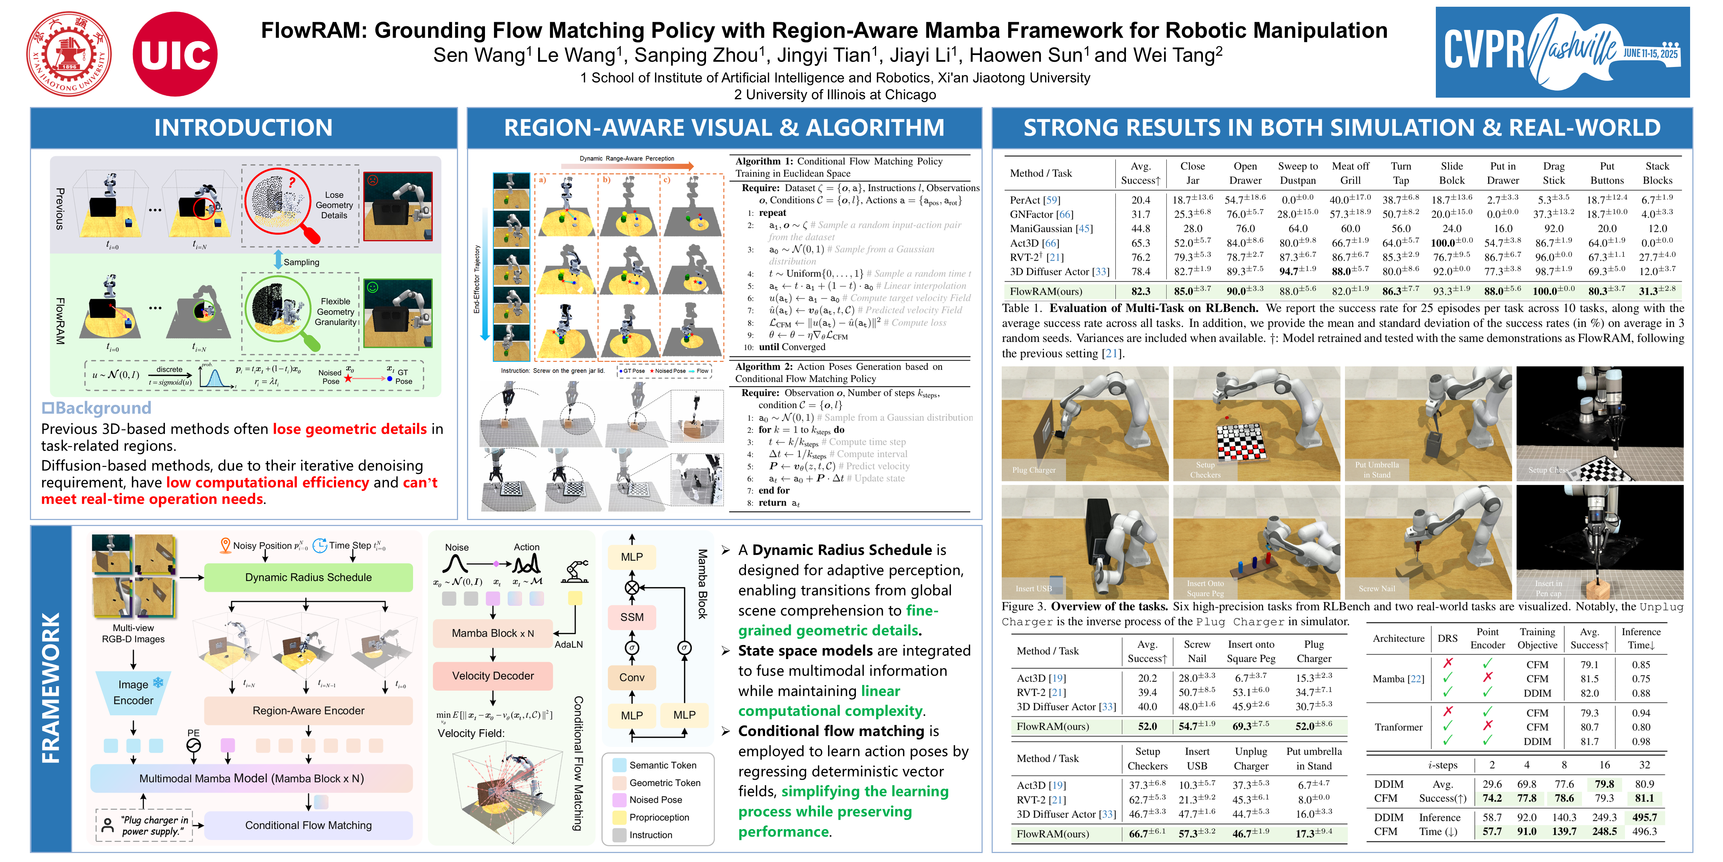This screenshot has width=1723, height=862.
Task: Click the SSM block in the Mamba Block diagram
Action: (x=632, y=617)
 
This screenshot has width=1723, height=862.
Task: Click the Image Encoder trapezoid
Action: (x=133, y=693)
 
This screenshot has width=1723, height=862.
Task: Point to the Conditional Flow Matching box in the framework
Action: (x=308, y=825)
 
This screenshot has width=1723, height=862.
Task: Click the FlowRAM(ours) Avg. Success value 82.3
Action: (x=1140, y=291)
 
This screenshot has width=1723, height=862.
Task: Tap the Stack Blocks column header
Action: (x=1657, y=173)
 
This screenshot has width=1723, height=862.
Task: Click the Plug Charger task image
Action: (x=1084, y=424)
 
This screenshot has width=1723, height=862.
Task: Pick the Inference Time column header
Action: (x=1641, y=639)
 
